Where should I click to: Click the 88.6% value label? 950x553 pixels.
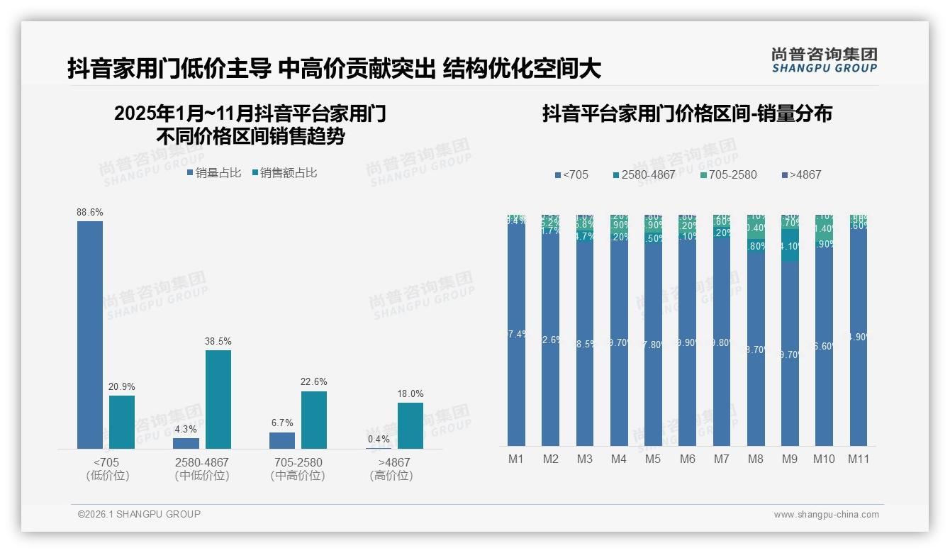tap(90, 212)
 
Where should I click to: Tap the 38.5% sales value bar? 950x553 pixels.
tap(218, 399)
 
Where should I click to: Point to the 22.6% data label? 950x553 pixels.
tap(314, 382)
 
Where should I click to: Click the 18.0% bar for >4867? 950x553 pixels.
tap(410, 425)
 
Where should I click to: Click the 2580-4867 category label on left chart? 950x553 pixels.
tap(202, 462)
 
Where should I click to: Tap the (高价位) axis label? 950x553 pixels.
tap(391, 476)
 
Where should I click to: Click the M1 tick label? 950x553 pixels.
tap(516, 459)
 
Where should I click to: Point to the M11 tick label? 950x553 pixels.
tap(859, 459)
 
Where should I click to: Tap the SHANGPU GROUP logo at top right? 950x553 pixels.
tap(824, 60)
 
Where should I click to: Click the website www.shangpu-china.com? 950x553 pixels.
tap(826, 515)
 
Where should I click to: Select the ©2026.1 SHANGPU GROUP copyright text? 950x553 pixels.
tap(139, 514)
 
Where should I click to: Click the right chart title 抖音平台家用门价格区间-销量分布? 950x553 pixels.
tap(687, 113)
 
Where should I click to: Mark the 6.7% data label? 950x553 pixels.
tap(281, 423)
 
